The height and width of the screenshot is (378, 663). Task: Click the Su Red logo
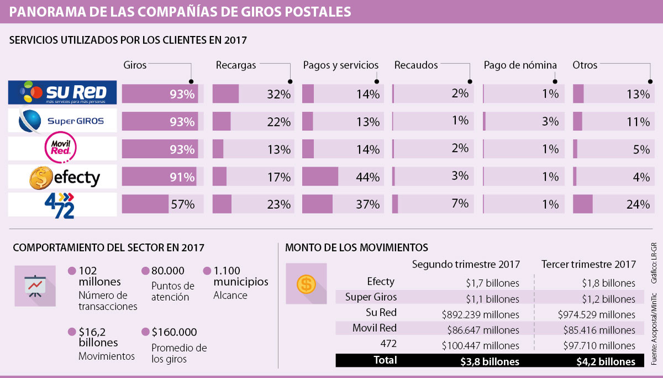(x=62, y=93)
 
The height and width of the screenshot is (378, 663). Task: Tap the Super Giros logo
(x=62, y=121)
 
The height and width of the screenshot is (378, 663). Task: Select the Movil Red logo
(x=62, y=149)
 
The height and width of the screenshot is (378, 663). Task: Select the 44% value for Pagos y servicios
(x=368, y=177)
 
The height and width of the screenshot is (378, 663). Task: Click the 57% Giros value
(x=182, y=205)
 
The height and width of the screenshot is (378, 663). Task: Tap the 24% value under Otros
(x=638, y=205)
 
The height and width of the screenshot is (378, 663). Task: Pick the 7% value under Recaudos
(x=460, y=203)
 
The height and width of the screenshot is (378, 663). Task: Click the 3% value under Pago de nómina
(x=550, y=122)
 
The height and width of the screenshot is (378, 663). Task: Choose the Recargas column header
(x=236, y=65)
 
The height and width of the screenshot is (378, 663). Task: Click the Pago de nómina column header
(x=520, y=65)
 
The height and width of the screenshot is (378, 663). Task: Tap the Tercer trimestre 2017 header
(x=588, y=264)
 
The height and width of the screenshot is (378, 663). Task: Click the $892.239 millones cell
(x=480, y=314)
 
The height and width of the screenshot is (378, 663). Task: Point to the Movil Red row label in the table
(x=375, y=328)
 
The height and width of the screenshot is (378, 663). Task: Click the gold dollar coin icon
(x=306, y=284)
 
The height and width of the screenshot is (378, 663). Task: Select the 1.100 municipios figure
(x=240, y=276)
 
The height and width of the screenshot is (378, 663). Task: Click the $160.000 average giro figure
(x=174, y=332)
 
